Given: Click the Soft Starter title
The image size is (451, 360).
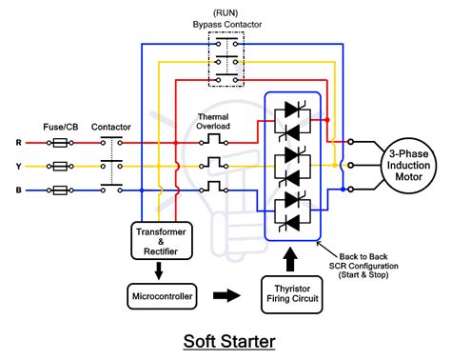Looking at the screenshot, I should [x=225, y=341].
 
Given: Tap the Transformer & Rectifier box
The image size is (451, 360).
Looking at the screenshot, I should [x=161, y=240].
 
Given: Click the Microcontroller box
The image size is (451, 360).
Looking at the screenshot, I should [x=161, y=296].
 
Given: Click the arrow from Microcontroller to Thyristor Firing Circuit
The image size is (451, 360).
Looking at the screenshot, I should [x=226, y=296].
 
